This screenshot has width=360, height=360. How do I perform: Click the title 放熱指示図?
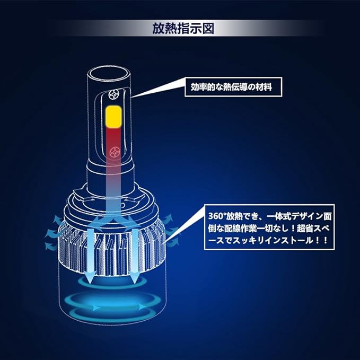(183, 29)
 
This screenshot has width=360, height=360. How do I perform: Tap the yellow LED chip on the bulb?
(113, 117)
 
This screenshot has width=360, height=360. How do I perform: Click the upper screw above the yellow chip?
(114, 94)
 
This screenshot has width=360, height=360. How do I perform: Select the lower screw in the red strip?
(115, 153)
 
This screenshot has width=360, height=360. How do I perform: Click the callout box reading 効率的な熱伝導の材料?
(233, 87)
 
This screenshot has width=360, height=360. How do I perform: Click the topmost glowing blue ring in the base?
(112, 287)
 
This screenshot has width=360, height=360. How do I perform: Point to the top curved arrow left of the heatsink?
(58, 220)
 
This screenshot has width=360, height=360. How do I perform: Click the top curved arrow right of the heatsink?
(168, 218)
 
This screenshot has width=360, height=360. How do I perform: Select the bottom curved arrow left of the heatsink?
(50, 247)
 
